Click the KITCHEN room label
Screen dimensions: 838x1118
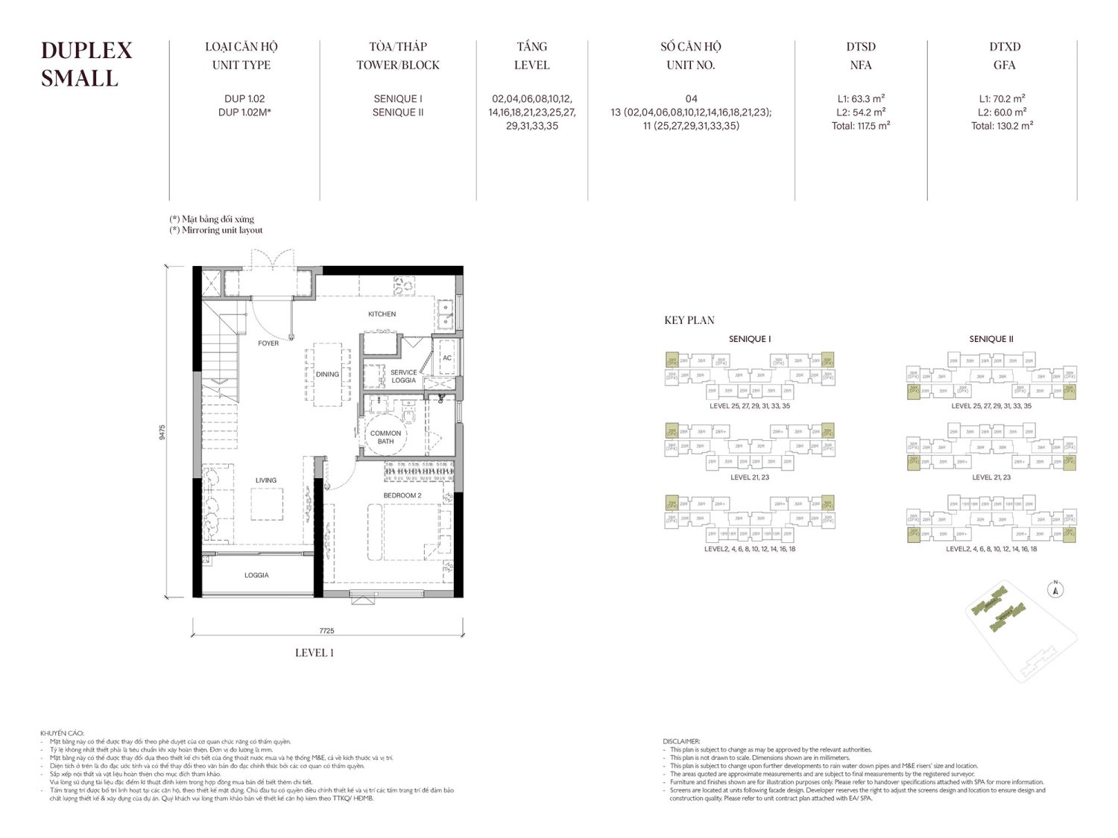click(x=382, y=314)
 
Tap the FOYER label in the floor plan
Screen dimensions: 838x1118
click(x=268, y=343)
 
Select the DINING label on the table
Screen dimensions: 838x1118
click(x=327, y=375)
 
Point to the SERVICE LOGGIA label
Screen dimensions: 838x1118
click(x=403, y=376)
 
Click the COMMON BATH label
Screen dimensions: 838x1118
click(x=385, y=437)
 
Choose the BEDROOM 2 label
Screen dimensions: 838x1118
click(x=402, y=495)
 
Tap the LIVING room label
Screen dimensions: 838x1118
click(x=265, y=480)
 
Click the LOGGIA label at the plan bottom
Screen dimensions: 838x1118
click(x=256, y=575)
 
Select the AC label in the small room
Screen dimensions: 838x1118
click(x=447, y=358)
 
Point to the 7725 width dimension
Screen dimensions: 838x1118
click(x=326, y=631)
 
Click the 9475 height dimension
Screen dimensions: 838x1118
click(x=162, y=432)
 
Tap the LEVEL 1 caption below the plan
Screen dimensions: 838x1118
click(x=314, y=653)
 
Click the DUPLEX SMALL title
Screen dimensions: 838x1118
click(x=86, y=64)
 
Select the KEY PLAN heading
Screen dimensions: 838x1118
click(x=689, y=320)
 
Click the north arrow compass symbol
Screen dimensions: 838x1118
click(x=1055, y=590)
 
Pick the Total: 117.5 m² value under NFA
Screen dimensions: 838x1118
click(x=861, y=126)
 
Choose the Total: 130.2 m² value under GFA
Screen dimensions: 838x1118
click(x=1002, y=126)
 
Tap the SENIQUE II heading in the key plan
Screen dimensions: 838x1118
click(x=991, y=339)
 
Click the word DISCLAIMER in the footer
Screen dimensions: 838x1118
click(x=681, y=741)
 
